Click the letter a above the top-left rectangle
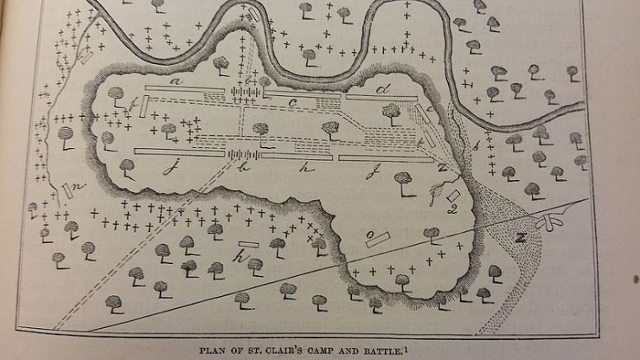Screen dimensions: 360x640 pos(175,80)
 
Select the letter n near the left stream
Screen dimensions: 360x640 pos(76,186)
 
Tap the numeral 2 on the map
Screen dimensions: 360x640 pos(451,208)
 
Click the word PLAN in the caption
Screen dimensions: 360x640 pos(214,350)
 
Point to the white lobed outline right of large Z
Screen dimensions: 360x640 pos(552,223)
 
